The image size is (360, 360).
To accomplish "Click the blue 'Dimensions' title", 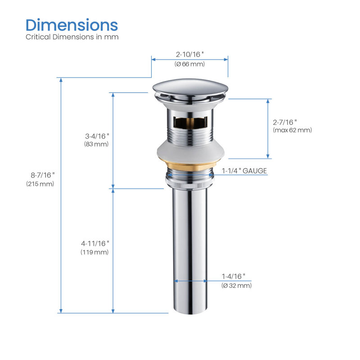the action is tap(72, 25).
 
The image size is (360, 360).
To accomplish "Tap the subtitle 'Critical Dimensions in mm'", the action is tap(72, 37).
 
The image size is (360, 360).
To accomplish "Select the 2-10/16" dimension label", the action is tap(189, 54).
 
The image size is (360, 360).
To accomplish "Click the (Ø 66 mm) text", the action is tap(189, 64).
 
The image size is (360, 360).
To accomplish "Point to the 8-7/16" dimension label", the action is tap(43, 175).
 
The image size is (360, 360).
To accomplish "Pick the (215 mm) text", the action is tap(40, 184).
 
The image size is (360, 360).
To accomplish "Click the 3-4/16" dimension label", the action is tap(97, 136).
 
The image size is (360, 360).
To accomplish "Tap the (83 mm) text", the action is tap(96, 144).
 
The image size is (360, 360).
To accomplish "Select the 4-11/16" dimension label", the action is tap(95, 243).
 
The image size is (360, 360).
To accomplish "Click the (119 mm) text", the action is tap(94, 252).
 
